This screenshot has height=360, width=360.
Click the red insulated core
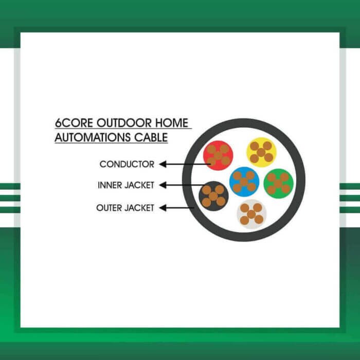(218, 155)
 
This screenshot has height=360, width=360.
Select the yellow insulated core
(261, 152)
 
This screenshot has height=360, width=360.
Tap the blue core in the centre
(244, 182)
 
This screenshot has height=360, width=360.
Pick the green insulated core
(278, 183)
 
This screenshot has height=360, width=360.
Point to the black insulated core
(213, 196)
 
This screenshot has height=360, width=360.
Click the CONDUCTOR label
(127, 165)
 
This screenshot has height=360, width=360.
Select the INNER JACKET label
(125, 185)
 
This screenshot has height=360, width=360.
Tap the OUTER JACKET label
(125, 208)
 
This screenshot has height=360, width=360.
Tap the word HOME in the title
(172, 124)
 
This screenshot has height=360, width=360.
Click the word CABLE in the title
(153, 138)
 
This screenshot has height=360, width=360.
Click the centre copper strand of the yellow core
(261, 152)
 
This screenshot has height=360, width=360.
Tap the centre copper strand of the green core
(278, 183)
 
